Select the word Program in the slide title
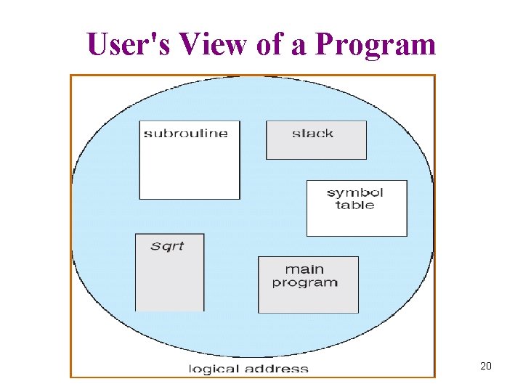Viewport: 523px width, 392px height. click(377, 46)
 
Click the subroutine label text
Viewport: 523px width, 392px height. click(185, 133)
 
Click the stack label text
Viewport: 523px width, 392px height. click(312, 133)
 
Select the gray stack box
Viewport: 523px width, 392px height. click(316, 148)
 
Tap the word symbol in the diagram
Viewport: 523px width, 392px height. click(355, 192)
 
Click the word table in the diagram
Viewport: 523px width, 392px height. click(355, 205)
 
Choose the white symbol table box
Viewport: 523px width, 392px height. click(357, 221)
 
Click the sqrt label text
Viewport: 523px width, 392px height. click(167, 246)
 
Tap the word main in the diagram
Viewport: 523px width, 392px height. click(304, 269)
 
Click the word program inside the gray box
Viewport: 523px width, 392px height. click(305, 282)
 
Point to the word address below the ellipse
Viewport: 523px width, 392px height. click(277, 369)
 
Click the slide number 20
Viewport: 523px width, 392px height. click(486, 366)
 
